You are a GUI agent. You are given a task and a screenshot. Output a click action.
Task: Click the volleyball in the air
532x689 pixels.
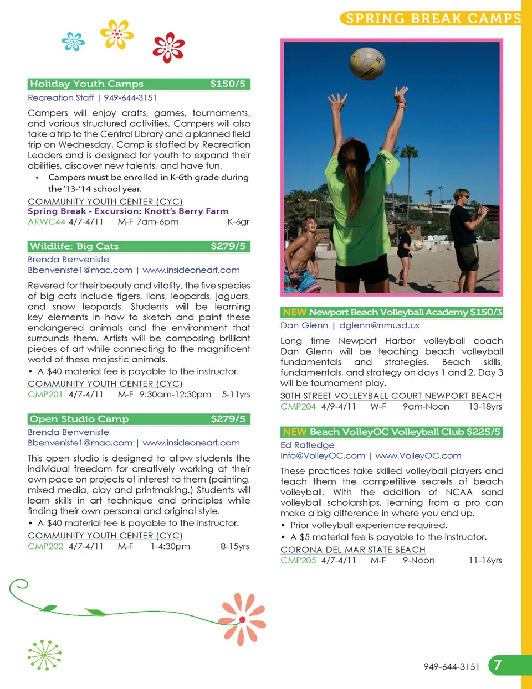point(367,64)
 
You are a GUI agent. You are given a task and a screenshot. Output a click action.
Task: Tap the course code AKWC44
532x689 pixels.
point(47,221)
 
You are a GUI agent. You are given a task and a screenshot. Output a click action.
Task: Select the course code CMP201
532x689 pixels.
point(45,395)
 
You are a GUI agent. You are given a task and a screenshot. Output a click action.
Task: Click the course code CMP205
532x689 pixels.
point(298,560)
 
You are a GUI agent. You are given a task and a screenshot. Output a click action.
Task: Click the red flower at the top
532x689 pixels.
point(168,47)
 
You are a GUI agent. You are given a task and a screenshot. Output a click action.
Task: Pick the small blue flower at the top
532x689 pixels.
point(73,42)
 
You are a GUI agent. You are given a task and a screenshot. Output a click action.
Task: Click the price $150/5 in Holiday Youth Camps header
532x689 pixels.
point(228,84)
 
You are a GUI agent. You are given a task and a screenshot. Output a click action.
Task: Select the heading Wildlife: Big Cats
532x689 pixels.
point(74,246)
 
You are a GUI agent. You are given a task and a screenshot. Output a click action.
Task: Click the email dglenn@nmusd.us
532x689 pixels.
point(379,325)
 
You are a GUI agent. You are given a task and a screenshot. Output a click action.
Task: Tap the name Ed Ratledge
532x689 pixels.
point(308,445)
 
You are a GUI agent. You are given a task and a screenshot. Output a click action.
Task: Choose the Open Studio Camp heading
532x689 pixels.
point(79,419)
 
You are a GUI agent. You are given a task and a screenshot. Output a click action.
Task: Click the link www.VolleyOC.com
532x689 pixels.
point(418,455)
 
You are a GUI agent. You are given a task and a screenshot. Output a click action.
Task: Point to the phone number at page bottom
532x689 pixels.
point(451,667)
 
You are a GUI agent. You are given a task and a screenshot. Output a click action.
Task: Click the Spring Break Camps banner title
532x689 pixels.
point(433,19)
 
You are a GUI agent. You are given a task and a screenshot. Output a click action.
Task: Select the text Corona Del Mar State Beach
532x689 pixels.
point(353,550)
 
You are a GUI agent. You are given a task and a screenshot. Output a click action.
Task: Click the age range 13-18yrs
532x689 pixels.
point(485,406)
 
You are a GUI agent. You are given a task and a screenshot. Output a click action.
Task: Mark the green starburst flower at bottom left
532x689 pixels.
point(44,655)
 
